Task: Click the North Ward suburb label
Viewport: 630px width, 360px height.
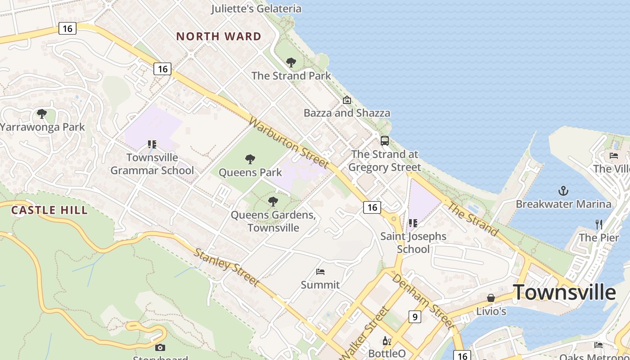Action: click(219, 36)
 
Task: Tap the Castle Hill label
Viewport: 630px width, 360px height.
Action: click(49, 210)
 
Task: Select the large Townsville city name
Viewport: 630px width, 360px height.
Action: click(564, 292)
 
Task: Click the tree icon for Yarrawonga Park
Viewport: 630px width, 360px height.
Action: click(42, 114)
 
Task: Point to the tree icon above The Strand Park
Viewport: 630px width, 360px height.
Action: click(291, 63)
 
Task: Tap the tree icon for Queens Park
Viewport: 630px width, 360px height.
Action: click(250, 159)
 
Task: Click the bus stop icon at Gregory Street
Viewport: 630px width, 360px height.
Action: click(385, 141)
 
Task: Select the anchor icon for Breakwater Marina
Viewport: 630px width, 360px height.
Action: click(563, 191)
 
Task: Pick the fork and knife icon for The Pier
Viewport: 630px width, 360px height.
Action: click(598, 224)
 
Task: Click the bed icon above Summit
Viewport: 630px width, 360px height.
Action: click(320, 271)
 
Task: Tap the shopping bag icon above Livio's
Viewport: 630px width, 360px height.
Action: click(491, 298)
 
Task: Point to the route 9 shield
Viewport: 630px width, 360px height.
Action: click(414, 317)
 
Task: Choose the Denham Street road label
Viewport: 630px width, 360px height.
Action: click(421, 301)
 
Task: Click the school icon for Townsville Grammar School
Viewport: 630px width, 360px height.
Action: click(152, 144)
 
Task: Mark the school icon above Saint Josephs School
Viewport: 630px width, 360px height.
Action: click(413, 223)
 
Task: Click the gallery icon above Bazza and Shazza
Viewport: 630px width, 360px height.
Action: click(346, 100)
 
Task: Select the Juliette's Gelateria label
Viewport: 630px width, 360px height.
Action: click(256, 9)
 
